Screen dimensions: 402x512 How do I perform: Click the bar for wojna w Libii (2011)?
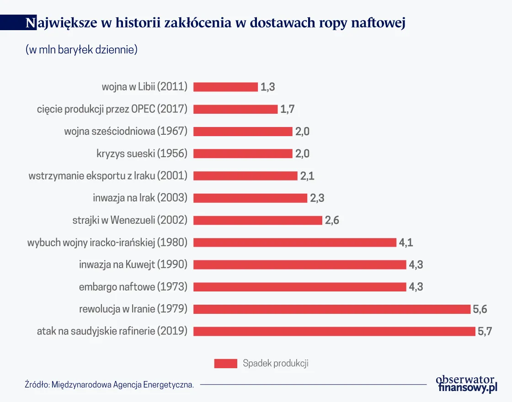[225, 87]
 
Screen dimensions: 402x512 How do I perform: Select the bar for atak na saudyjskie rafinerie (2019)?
[334, 331]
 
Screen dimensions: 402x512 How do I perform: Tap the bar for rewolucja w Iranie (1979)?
[332, 309]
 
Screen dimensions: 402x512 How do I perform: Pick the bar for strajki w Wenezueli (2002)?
[258, 220]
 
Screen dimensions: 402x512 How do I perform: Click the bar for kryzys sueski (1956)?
[243, 153]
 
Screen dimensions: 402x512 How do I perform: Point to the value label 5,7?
[485, 331]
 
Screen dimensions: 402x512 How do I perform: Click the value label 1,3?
[268, 87]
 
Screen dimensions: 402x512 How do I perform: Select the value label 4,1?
[406, 243]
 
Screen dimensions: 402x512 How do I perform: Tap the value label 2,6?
[332, 220]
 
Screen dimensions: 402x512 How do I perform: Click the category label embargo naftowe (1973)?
[133, 287]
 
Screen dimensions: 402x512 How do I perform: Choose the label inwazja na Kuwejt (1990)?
[133, 264]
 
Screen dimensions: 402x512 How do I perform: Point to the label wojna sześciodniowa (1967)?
[126, 131]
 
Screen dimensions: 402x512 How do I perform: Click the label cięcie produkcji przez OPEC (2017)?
[112, 109]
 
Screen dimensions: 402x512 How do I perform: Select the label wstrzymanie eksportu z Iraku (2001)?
[108, 176]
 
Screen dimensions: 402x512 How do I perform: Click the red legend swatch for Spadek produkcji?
[225, 364]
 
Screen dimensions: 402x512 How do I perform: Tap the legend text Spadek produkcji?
[276, 364]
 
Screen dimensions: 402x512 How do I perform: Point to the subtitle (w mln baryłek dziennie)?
[82, 50]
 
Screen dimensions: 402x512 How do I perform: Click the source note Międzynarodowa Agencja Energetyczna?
[110, 385]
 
